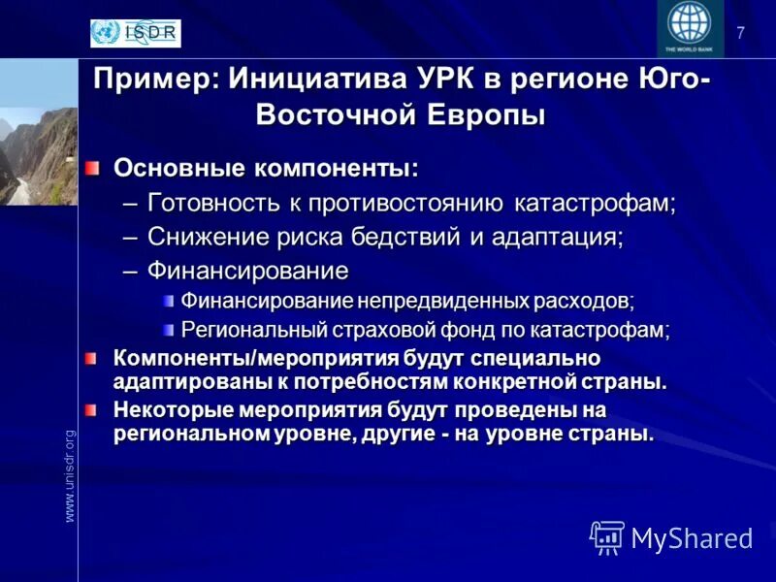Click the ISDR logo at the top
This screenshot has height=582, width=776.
pyautogui.click(x=135, y=33)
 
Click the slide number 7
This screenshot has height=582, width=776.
pyautogui.click(x=741, y=33)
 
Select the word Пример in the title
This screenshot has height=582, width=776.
pyautogui.click(x=154, y=78)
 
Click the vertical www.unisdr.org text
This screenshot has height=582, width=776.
pyautogui.click(x=69, y=475)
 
